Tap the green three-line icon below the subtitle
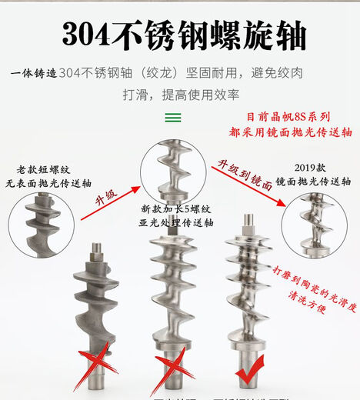point(175,118)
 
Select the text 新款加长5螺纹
point(175,209)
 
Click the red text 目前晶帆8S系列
point(288,118)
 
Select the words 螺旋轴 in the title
point(264,35)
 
